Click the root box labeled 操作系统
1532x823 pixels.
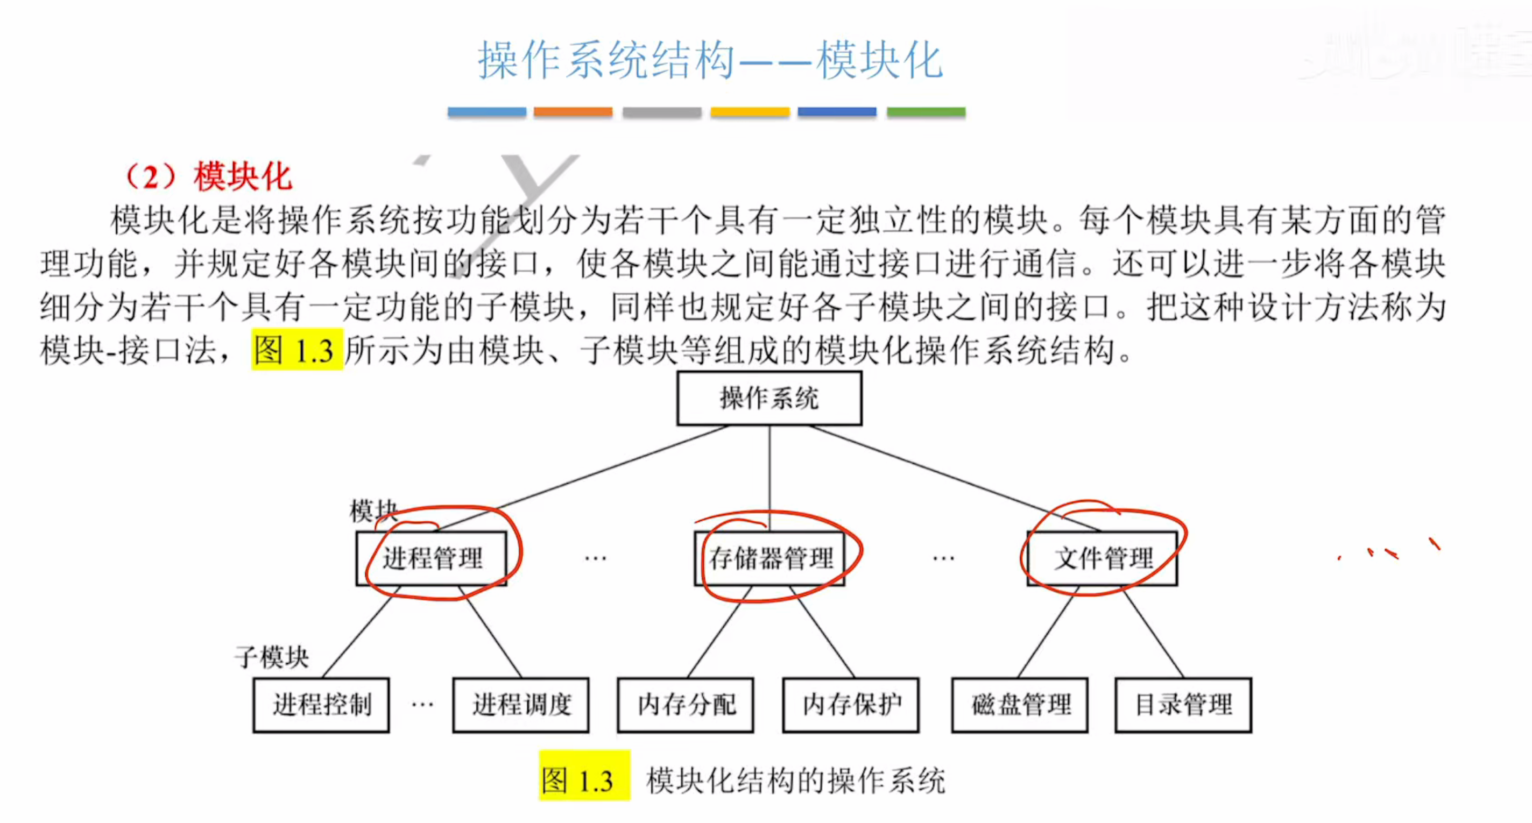click(769, 399)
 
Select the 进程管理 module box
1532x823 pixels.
click(432, 558)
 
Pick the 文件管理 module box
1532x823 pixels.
click(1102, 558)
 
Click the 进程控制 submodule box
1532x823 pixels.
click(321, 705)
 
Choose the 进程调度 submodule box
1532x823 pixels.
click(521, 705)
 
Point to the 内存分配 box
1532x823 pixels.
click(686, 705)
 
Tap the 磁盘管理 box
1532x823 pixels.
click(1020, 705)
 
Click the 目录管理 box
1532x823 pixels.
click(1183, 705)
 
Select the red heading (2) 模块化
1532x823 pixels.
click(208, 176)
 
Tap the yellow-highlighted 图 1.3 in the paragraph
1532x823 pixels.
click(296, 350)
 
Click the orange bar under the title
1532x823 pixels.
click(573, 112)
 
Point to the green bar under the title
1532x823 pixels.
click(926, 112)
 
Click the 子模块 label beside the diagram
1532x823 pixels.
click(272, 657)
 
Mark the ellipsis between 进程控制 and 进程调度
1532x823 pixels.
click(422, 705)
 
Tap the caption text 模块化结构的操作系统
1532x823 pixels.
click(796, 780)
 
